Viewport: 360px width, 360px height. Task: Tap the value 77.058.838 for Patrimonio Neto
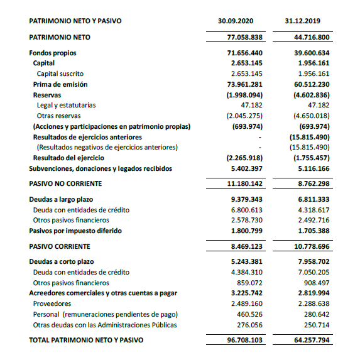coord(244,37)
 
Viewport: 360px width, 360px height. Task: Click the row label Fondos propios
coord(54,53)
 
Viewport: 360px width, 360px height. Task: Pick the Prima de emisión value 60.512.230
coord(312,84)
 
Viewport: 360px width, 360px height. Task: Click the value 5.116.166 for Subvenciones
coord(312,168)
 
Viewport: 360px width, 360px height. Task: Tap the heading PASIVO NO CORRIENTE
coord(65,184)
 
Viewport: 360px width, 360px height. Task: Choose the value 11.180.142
coord(244,184)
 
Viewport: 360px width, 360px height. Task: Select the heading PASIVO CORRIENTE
coord(60,246)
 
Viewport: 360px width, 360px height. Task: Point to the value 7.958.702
coord(312,262)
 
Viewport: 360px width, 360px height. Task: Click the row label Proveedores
coord(53,303)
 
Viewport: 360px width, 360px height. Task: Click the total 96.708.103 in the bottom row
coord(244,341)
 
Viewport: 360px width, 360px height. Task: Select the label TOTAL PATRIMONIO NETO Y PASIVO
coord(86,341)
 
